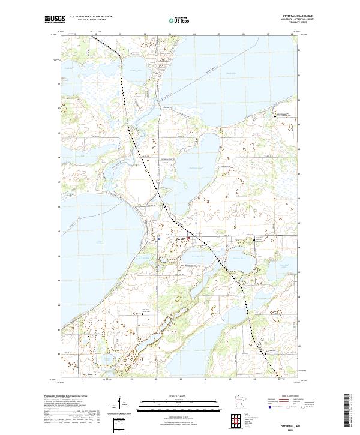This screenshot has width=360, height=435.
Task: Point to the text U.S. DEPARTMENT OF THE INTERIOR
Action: [x=91, y=16]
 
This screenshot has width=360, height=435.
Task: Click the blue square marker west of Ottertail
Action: [x=160, y=239]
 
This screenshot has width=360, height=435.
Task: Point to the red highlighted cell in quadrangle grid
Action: [x=236, y=419]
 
